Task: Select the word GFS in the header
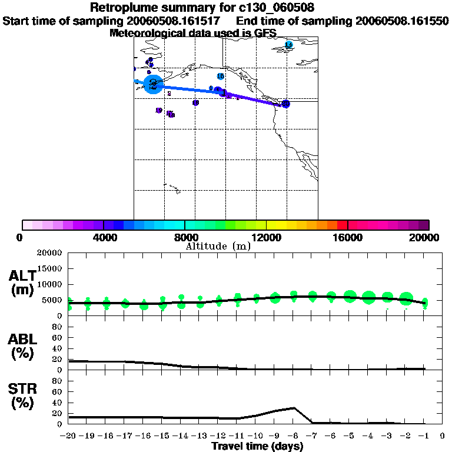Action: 264,33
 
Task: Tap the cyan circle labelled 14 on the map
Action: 289,45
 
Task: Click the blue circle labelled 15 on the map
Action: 221,77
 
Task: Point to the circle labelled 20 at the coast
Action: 285,104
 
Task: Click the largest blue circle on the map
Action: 153,84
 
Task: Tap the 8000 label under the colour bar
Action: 185,237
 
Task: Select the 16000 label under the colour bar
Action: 348,237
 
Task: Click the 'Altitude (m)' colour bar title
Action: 218,246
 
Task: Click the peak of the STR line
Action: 294,407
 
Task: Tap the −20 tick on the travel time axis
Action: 69,437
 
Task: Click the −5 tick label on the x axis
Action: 350,437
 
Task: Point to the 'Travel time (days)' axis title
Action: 257,447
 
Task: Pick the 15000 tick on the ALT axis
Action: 49,268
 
